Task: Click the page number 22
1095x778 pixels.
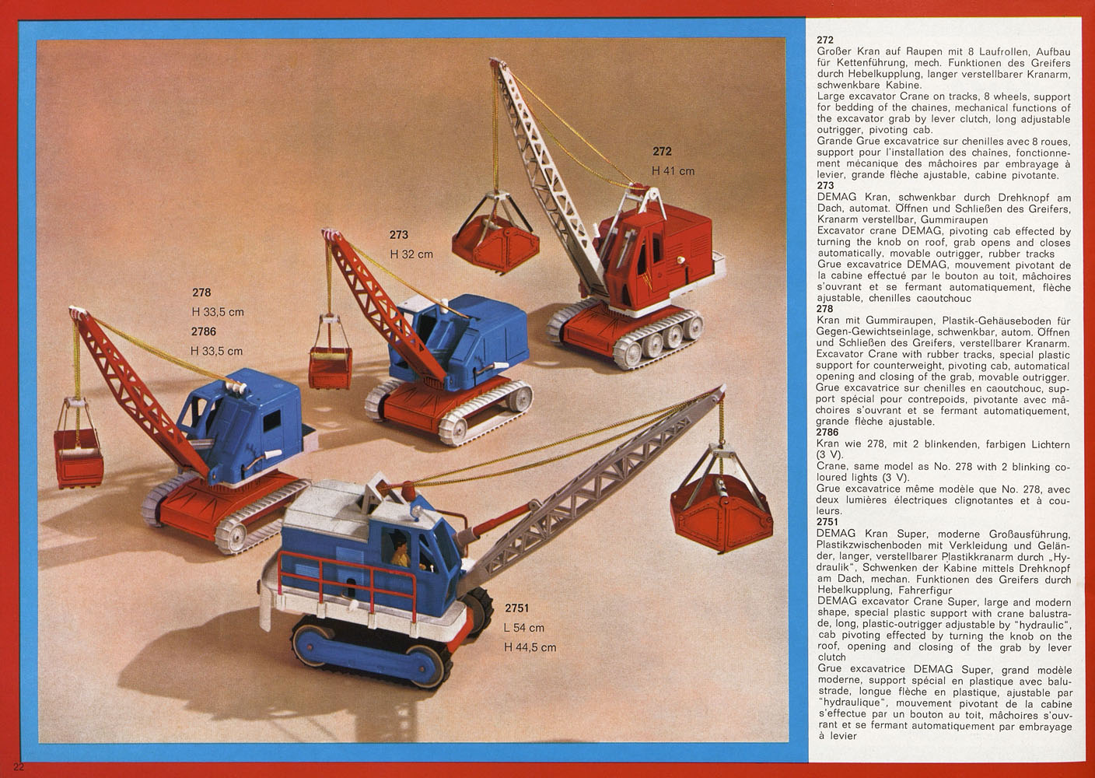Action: (19, 766)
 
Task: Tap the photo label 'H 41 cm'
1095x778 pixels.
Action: (673, 171)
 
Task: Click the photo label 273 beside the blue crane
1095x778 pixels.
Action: (398, 235)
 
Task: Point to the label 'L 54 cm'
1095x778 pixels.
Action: (523, 627)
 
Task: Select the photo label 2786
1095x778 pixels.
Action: (203, 331)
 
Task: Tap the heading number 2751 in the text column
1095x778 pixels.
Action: (827, 522)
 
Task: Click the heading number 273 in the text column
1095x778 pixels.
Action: (825, 185)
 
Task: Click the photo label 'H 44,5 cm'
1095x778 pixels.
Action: (530, 647)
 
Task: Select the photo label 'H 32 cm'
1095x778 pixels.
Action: (411, 254)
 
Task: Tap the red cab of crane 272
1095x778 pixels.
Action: (655, 254)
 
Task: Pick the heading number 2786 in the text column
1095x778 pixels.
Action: (827, 432)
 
